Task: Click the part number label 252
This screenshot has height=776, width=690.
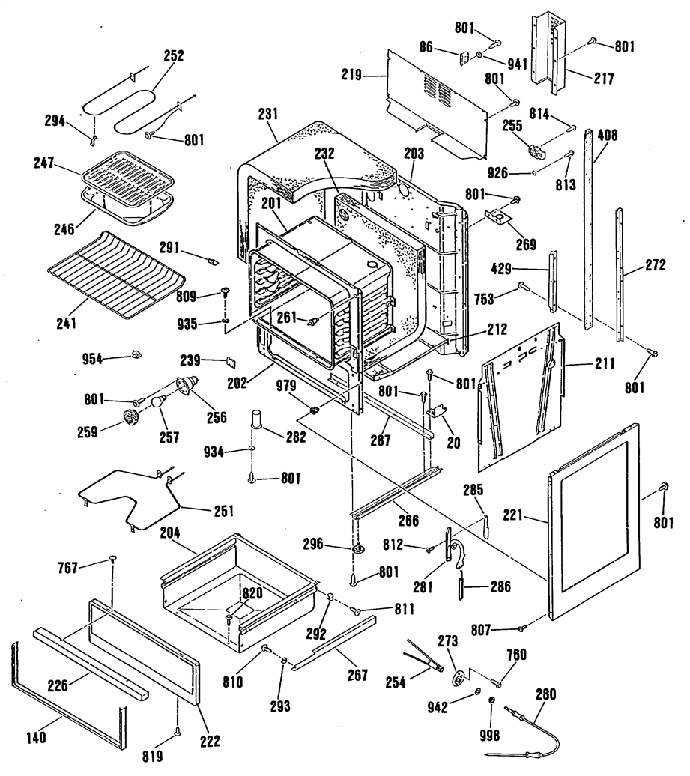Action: [x=174, y=55]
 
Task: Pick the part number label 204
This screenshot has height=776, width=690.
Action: [x=170, y=533]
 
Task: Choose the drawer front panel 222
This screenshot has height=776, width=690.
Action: [x=145, y=652]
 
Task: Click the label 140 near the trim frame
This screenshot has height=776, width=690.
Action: [x=36, y=737]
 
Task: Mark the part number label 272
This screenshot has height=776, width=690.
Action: [x=655, y=264]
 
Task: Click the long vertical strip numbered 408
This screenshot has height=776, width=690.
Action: [x=588, y=229]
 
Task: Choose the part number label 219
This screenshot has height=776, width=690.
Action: [x=351, y=75]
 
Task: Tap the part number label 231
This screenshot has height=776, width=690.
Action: [x=267, y=113]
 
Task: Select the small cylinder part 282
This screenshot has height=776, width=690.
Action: [x=258, y=419]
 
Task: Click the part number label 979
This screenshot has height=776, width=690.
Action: [x=286, y=386]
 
